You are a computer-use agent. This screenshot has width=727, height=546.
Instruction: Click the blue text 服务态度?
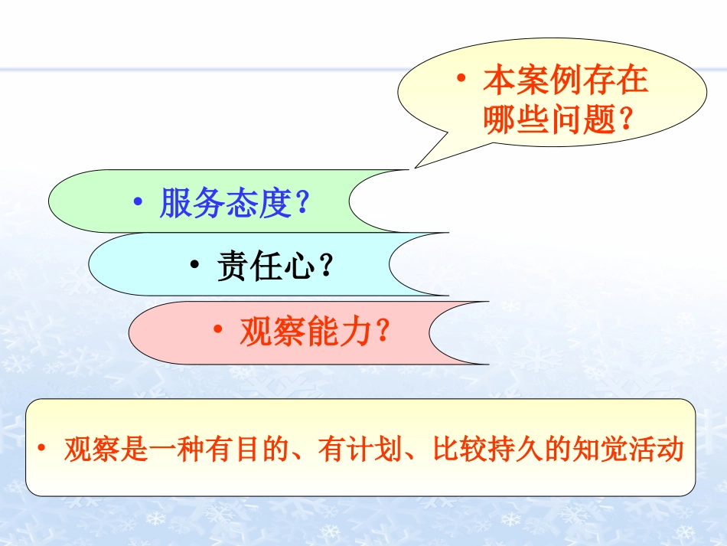click(x=233, y=204)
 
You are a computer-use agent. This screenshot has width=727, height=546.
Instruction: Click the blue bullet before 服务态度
click(x=138, y=202)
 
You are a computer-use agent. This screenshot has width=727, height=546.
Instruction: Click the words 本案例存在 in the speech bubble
click(x=566, y=80)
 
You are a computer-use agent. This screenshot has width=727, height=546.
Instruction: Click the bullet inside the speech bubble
click(x=461, y=78)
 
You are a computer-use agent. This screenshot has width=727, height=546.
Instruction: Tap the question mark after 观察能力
click(x=382, y=332)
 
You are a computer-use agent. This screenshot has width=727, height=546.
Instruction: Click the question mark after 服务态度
click(x=302, y=204)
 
